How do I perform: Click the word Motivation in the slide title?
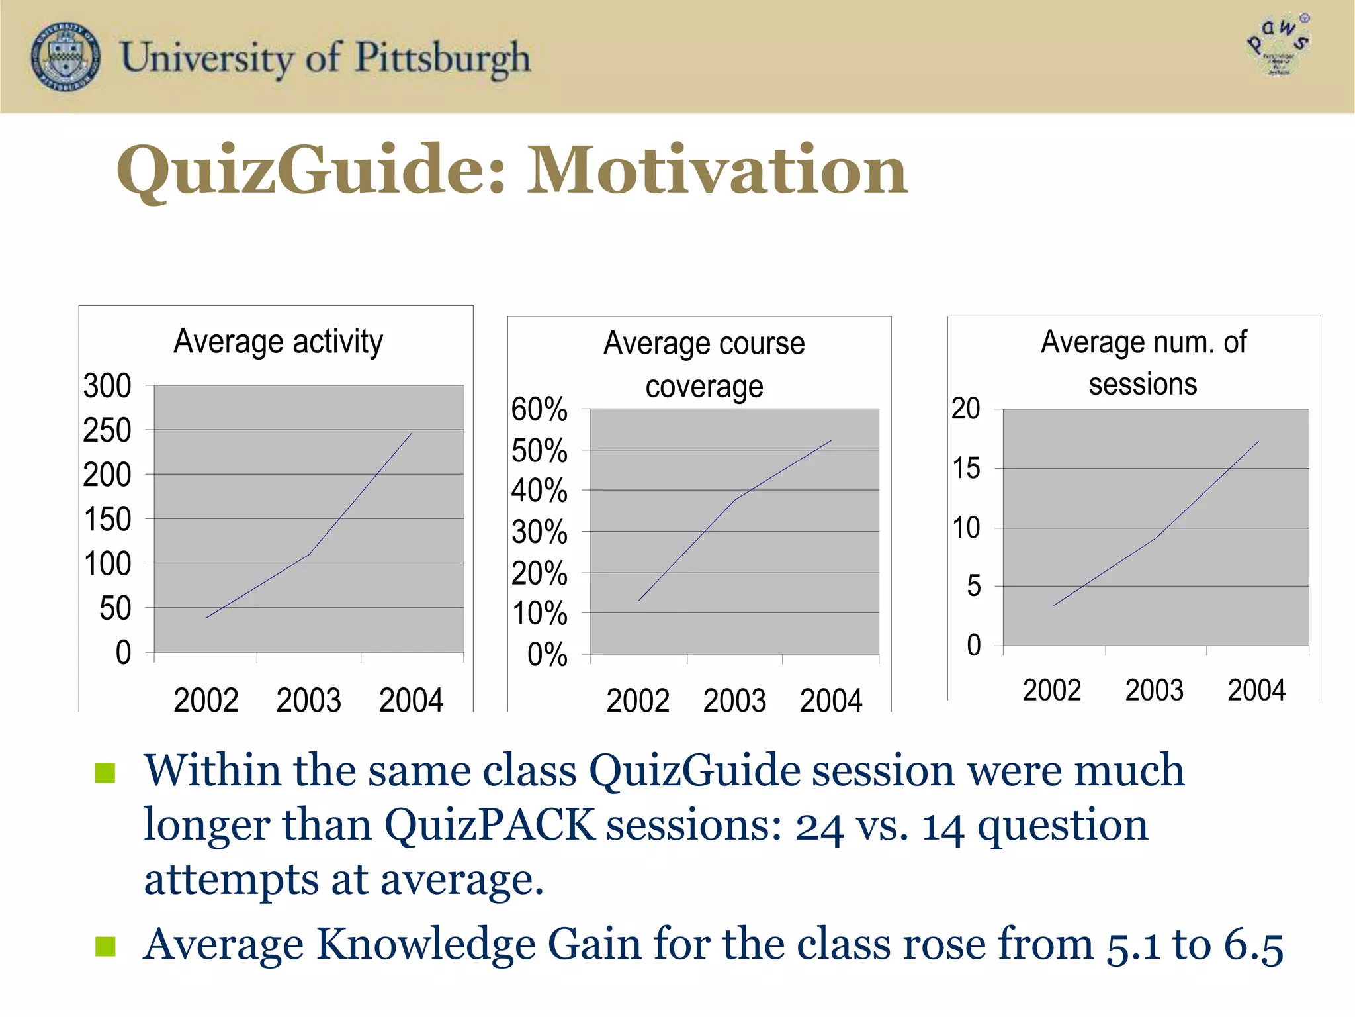point(717,171)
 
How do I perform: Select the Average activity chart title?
point(278,342)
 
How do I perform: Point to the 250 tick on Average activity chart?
point(107,430)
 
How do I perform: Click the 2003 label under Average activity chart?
point(308,701)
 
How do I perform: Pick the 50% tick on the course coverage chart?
point(539,451)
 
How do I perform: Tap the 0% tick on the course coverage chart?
point(547,655)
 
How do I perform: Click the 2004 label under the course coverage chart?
point(831,701)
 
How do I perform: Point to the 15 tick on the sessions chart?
point(966,469)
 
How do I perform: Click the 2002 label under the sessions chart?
point(1051,690)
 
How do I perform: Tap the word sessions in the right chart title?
point(1143,384)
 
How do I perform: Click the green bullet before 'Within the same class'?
point(105,772)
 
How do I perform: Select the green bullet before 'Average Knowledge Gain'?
point(105,946)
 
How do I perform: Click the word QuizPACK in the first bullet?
point(490,826)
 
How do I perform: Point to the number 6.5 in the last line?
point(1252,945)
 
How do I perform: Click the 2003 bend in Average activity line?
point(309,554)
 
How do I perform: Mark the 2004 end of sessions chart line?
point(1258,442)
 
